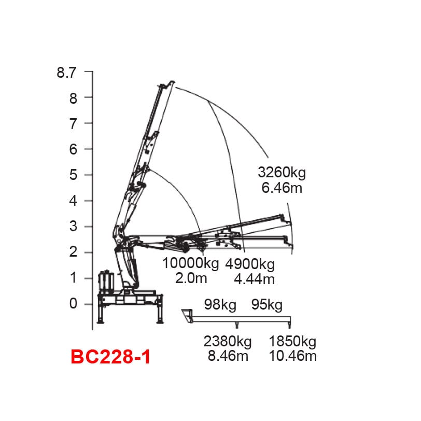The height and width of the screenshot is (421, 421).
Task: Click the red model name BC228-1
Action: (x=110, y=357)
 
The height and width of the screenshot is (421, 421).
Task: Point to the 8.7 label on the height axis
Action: (x=66, y=73)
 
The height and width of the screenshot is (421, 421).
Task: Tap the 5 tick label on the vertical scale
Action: (x=73, y=175)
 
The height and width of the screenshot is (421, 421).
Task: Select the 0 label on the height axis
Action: (x=73, y=304)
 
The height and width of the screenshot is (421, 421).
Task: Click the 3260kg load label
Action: (x=282, y=173)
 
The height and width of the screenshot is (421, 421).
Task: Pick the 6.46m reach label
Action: (x=282, y=188)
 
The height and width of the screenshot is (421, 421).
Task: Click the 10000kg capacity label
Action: (x=190, y=263)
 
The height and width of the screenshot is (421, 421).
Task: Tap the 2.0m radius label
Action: (x=191, y=278)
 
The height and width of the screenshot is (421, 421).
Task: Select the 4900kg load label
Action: (x=250, y=264)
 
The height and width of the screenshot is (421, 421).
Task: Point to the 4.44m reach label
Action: (x=254, y=279)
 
